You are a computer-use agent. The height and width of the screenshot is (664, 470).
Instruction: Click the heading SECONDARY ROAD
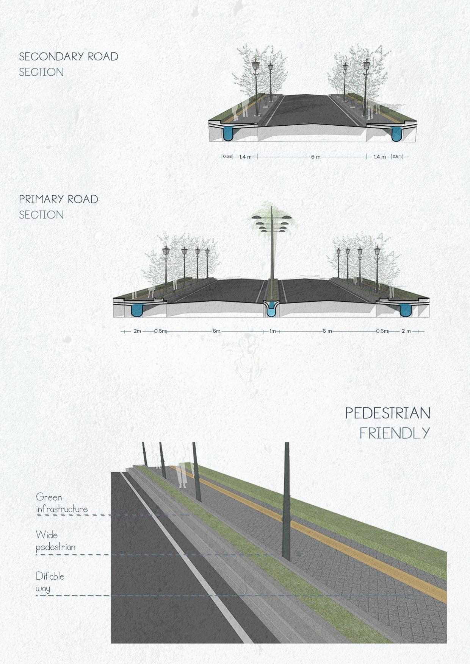69,57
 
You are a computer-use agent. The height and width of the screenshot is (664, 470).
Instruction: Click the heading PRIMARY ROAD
59,199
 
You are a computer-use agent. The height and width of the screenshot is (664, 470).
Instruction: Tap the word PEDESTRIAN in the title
387,413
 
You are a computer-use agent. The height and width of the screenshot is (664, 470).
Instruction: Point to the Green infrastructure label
61,503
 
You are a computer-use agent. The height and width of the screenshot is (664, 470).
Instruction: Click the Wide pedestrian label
55,541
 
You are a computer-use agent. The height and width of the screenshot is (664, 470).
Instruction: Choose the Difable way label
50,582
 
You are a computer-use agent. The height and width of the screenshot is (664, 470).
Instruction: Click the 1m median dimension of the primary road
273,331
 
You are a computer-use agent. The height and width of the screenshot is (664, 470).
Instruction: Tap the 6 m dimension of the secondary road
316,157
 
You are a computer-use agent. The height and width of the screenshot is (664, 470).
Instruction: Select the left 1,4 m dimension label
245,157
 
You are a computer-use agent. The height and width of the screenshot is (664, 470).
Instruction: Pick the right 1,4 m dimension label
379,157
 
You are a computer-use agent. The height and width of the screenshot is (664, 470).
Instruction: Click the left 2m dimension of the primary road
137,331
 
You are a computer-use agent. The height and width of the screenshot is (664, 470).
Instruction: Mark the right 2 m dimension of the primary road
406,331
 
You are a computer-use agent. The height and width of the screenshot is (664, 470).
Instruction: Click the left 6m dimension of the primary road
216,331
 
